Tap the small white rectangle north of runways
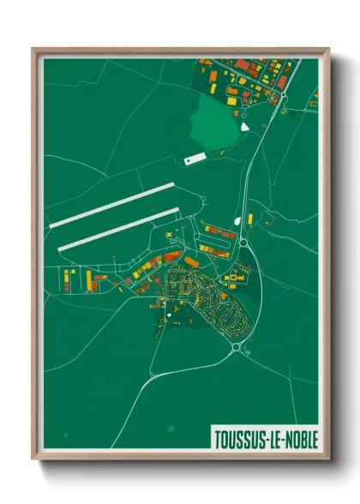point(195,159)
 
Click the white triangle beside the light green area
point(245,127)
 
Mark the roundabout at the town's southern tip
point(235,348)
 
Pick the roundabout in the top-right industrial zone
point(283,96)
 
